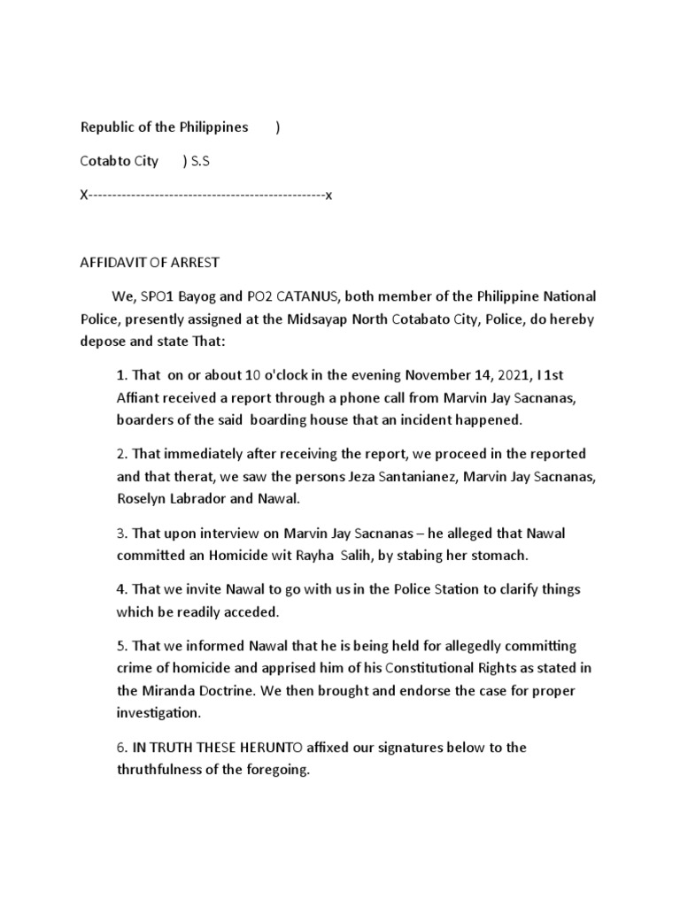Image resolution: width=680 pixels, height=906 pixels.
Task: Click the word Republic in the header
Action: click(105, 127)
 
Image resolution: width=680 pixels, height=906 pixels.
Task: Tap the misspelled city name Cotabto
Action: click(106, 161)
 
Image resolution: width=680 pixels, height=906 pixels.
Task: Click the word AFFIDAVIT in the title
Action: click(111, 263)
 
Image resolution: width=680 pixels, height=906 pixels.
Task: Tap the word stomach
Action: click(501, 557)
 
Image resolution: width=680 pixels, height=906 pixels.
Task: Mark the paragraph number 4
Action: click(121, 589)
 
